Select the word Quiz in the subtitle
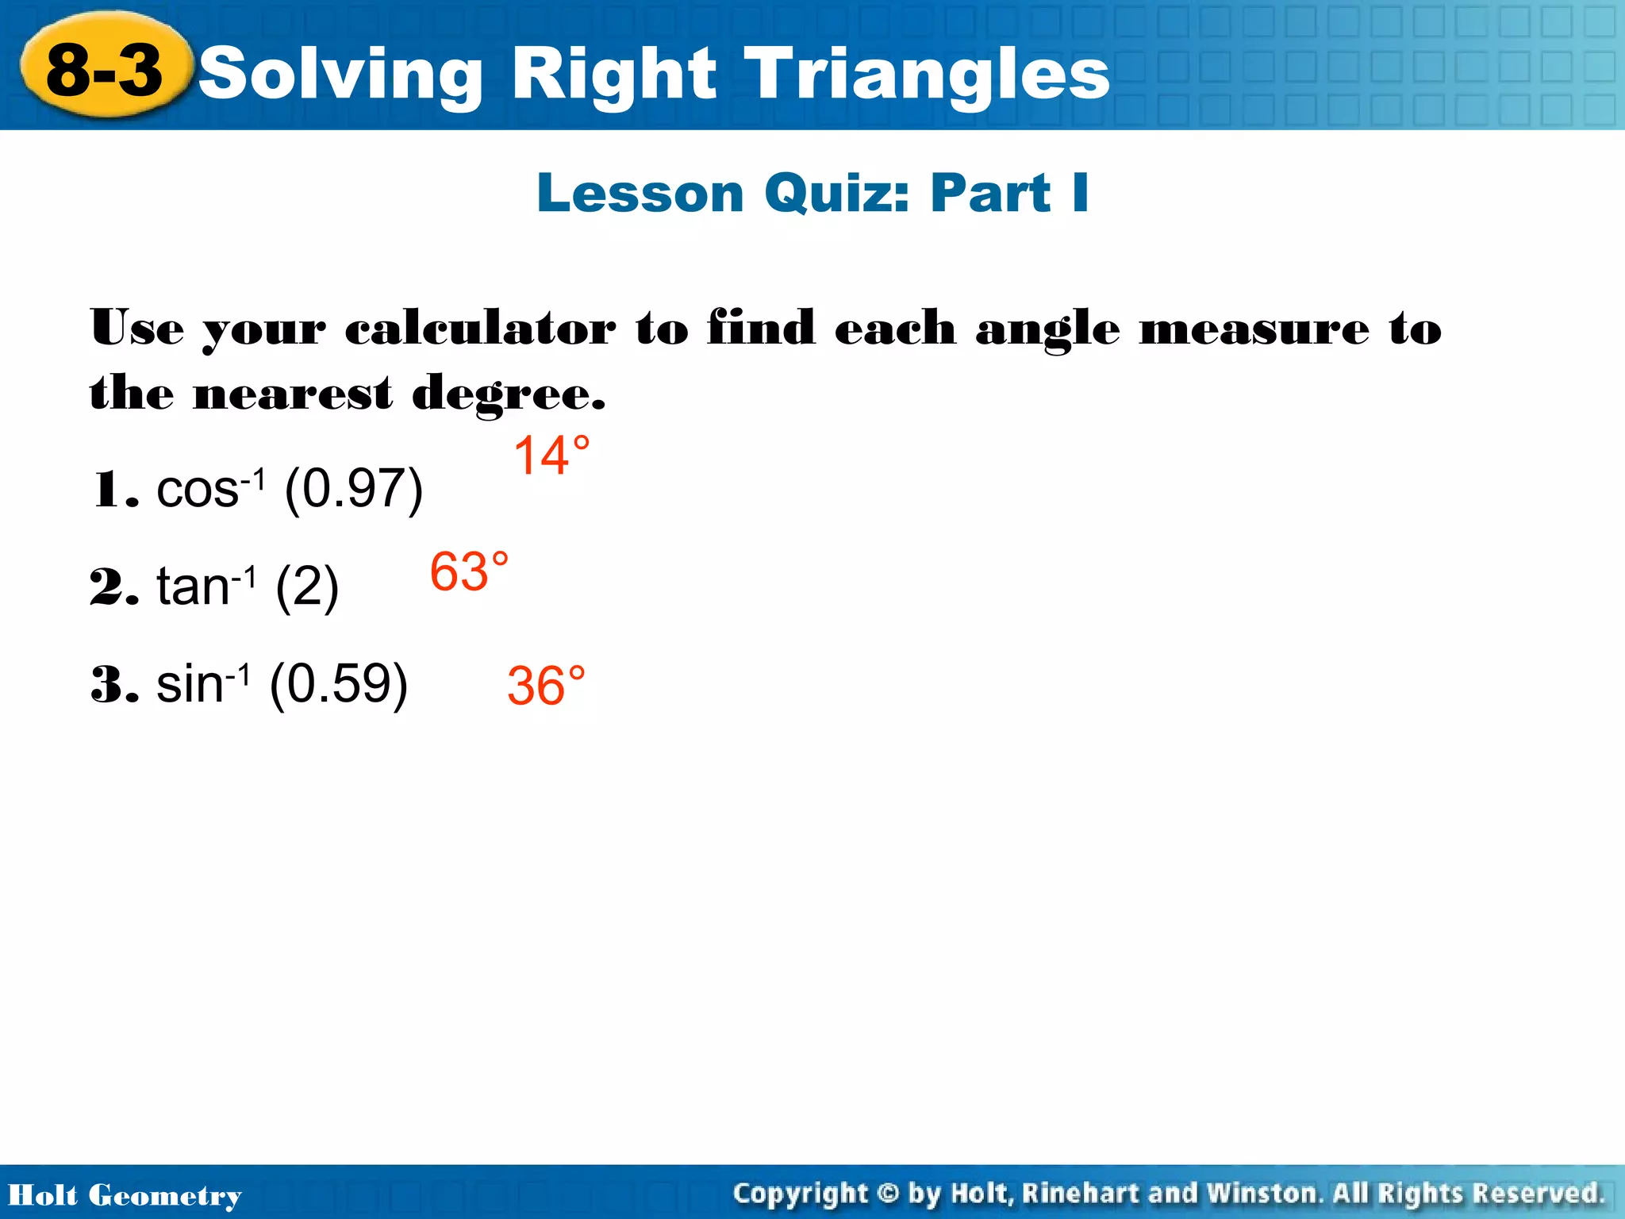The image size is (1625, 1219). [836, 194]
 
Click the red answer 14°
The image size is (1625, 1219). [551, 456]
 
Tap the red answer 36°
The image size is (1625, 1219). [546, 686]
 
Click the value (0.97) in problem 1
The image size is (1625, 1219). [353, 489]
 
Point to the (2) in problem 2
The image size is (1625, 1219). [307, 587]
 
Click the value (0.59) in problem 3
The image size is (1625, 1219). [339, 683]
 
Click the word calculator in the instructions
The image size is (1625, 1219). [479, 329]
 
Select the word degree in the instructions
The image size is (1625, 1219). [508, 394]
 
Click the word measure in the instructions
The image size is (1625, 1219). [1254, 329]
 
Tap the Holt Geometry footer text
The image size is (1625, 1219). [125, 1195]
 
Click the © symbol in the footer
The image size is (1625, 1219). [888, 1194]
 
